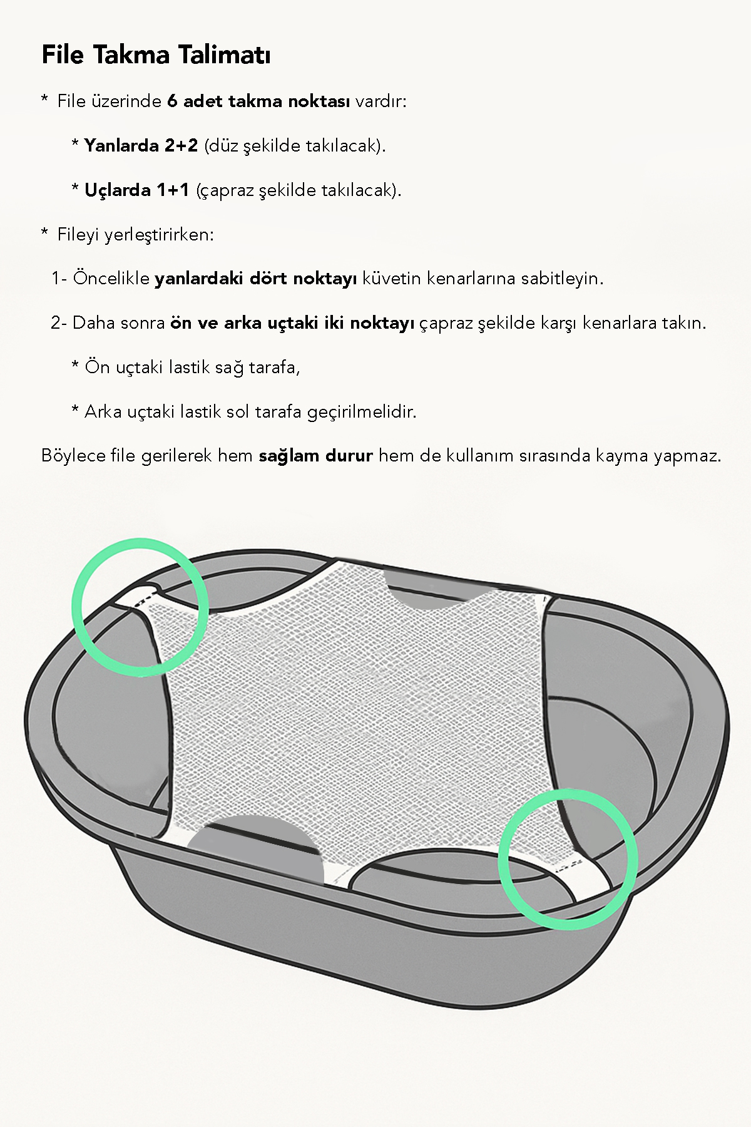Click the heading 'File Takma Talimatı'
(x=156, y=55)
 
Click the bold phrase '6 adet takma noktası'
(x=258, y=101)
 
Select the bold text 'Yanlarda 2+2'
(x=141, y=146)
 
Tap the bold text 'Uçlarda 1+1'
(x=136, y=190)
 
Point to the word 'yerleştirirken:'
(x=159, y=235)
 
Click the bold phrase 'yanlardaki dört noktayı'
(x=255, y=279)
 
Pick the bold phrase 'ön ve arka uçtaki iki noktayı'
(x=292, y=323)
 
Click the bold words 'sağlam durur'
(x=315, y=456)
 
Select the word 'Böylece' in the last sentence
(x=73, y=456)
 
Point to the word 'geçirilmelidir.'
(x=362, y=412)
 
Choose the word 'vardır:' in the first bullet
(x=381, y=101)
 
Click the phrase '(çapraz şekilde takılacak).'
(x=299, y=190)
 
